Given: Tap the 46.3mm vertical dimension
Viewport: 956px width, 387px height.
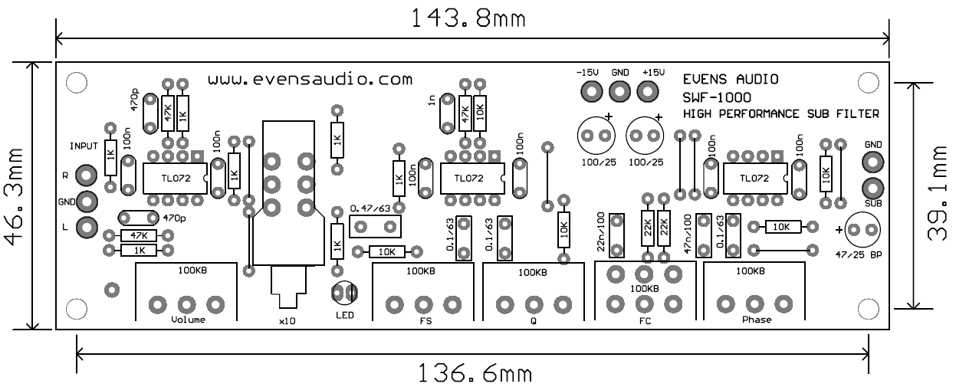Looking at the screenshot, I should point(15,195).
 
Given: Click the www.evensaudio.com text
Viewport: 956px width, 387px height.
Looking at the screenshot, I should point(310,79).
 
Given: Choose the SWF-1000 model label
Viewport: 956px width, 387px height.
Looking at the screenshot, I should point(717,97).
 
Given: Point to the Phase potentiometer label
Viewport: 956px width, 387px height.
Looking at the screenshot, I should point(756,320).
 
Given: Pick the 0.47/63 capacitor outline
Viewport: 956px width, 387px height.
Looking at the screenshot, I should point(375,225).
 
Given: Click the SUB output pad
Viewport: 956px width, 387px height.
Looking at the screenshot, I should point(873,187).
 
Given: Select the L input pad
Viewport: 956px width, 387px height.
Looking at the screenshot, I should point(88,228).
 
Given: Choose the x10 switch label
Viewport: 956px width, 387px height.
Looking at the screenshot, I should point(287,322).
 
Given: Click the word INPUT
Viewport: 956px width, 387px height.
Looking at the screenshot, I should point(84,146).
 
